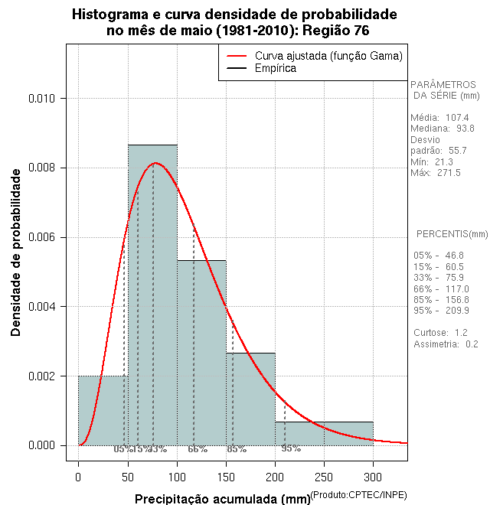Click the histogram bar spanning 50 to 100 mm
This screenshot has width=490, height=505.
coord(152,306)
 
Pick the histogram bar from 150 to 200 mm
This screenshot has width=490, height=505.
coord(250,398)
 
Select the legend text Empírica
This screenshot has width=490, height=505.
coord(276,69)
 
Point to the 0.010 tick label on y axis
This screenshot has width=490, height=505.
coord(42,99)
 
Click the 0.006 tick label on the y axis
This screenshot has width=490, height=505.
coord(42,237)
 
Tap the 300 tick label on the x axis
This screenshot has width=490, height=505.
coord(373,478)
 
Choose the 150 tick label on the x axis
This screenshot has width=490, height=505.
coord(226,478)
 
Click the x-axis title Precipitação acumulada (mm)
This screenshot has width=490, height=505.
coord(223,499)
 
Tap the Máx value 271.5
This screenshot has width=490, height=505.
coord(448,173)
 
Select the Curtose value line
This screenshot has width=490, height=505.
coord(439,333)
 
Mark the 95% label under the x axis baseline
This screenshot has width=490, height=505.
coord(291,448)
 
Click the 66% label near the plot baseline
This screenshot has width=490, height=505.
coord(198,449)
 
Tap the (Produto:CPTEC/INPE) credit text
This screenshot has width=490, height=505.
coord(358,495)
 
